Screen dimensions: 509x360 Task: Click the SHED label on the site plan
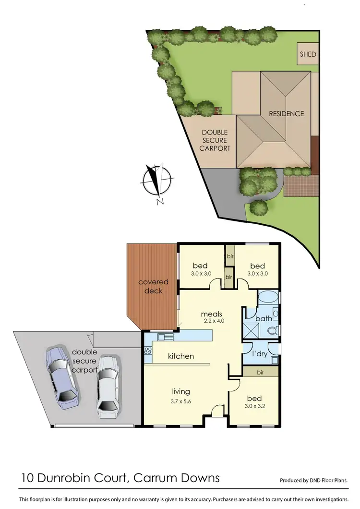pyautogui.click(x=308, y=54)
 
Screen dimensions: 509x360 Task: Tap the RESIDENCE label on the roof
pyautogui.click(x=286, y=114)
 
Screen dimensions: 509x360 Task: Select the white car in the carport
pyautogui.click(x=108, y=384)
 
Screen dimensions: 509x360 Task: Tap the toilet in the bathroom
pyautogui.click(x=273, y=330)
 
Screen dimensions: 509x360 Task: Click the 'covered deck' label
pyautogui.click(x=154, y=286)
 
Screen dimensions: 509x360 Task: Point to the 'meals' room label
pyautogui.click(x=211, y=315)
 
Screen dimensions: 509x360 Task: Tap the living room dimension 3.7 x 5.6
pyautogui.click(x=181, y=402)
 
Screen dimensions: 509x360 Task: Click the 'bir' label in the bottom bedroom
pyautogui.click(x=260, y=372)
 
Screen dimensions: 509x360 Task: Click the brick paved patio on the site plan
pyautogui.click(x=301, y=185)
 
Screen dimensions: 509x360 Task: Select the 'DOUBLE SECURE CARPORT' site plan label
pyautogui.click(x=215, y=140)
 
